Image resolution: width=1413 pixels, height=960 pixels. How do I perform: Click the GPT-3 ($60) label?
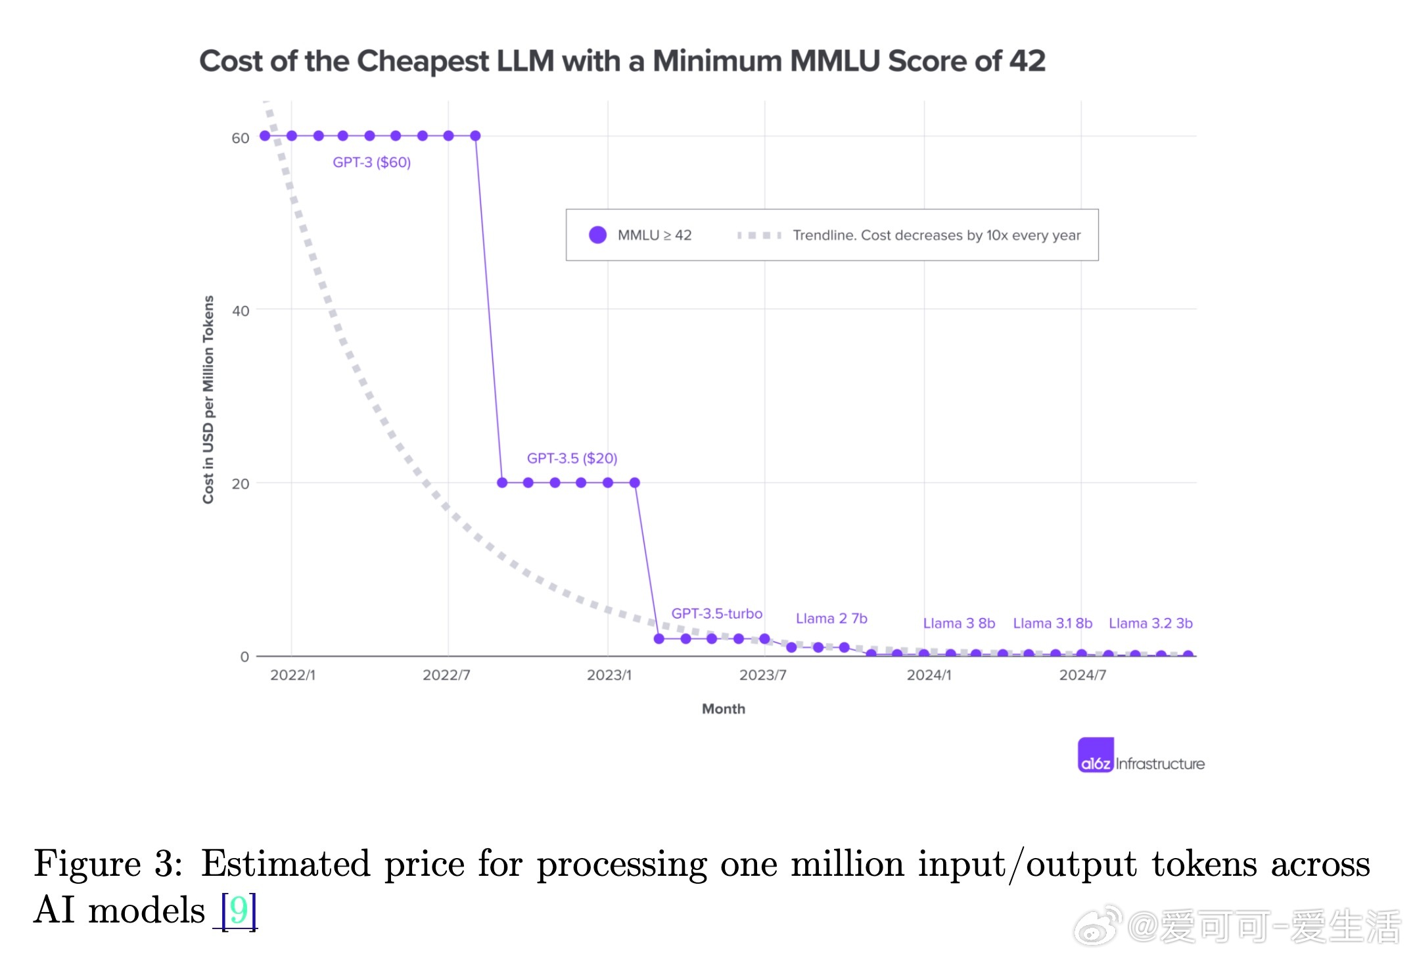tap(371, 162)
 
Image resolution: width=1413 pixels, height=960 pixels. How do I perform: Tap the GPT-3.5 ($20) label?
tap(572, 458)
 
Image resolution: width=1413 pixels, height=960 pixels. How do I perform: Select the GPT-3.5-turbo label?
tap(716, 613)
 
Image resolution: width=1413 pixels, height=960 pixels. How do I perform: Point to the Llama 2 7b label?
tap(831, 619)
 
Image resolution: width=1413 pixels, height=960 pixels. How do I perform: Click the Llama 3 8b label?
tap(959, 623)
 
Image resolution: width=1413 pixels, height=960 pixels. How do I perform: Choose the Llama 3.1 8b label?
tap(1052, 623)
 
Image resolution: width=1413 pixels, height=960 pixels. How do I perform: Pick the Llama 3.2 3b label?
tap(1150, 623)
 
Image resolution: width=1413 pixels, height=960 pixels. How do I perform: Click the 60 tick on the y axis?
tap(241, 138)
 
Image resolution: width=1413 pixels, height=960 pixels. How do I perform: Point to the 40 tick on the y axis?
tap(241, 311)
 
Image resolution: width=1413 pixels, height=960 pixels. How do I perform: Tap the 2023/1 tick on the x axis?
tap(609, 675)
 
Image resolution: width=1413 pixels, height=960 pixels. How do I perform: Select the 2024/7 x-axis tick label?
tap(1082, 675)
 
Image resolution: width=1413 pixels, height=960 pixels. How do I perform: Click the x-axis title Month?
tap(723, 709)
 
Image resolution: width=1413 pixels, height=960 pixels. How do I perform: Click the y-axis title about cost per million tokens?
tap(208, 399)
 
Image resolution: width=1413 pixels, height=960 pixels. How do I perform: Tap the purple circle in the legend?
tap(597, 235)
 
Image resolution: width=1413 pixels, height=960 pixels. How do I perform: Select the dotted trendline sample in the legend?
tap(759, 235)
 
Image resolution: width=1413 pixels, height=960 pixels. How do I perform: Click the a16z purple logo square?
tap(1096, 755)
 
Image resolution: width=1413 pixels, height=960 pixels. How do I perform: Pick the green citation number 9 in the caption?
tap(239, 910)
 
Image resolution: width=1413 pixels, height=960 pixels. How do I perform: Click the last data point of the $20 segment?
tap(634, 483)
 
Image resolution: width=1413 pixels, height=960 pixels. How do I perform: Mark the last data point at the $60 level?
tap(475, 136)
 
